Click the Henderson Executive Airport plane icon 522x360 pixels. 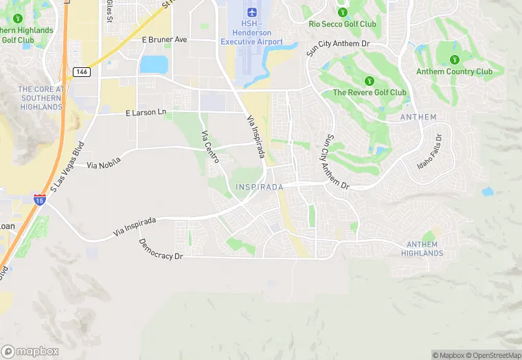[251, 12]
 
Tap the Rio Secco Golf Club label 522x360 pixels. [343, 24]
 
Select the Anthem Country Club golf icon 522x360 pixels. [454, 59]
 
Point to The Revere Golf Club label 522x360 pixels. [370, 92]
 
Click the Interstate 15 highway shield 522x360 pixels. [40, 200]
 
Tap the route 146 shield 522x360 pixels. [81, 71]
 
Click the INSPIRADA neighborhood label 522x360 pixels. [260, 188]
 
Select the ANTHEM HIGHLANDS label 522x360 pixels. [422, 249]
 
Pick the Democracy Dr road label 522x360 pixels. [161, 249]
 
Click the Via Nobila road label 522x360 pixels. [104, 163]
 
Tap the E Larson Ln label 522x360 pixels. [146, 112]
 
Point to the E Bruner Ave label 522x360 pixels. [164, 40]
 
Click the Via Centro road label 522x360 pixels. [209, 147]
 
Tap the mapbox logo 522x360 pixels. [30, 351]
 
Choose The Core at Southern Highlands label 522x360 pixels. [41, 98]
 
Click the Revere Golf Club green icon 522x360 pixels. [370, 80]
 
